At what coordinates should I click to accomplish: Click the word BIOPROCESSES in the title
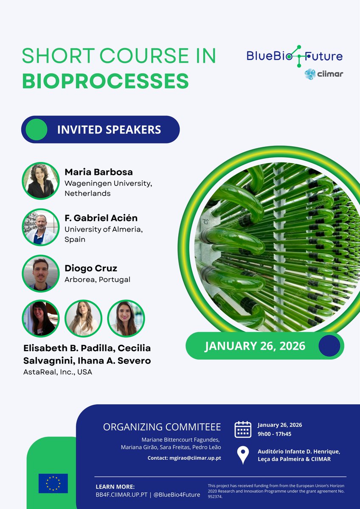pyautogui.click(x=105, y=81)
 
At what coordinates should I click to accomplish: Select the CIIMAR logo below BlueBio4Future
pyautogui.click(x=323, y=74)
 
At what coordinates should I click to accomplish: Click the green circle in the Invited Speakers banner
pyautogui.click(x=36, y=129)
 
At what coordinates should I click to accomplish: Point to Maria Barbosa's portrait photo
pyautogui.click(x=41, y=181)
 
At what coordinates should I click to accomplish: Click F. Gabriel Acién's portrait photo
pyautogui.click(x=41, y=227)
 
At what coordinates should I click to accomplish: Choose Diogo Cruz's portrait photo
pyautogui.click(x=41, y=273)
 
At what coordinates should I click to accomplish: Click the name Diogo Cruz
pyautogui.click(x=91, y=268)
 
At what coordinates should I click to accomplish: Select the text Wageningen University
pyautogui.click(x=108, y=183)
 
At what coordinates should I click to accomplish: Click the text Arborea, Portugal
pyautogui.click(x=97, y=280)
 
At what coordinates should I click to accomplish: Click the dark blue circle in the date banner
pyautogui.click(x=329, y=346)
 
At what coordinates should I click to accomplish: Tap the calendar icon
pyautogui.click(x=243, y=429)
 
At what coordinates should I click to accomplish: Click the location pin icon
pyautogui.click(x=243, y=455)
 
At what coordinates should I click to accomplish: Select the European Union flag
pyautogui.click(x=53, y=483)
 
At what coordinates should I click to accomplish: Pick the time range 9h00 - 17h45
pyautogui.click(x=274, y=433)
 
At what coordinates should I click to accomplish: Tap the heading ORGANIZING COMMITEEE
pyautogui.click(x=162, y=427)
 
